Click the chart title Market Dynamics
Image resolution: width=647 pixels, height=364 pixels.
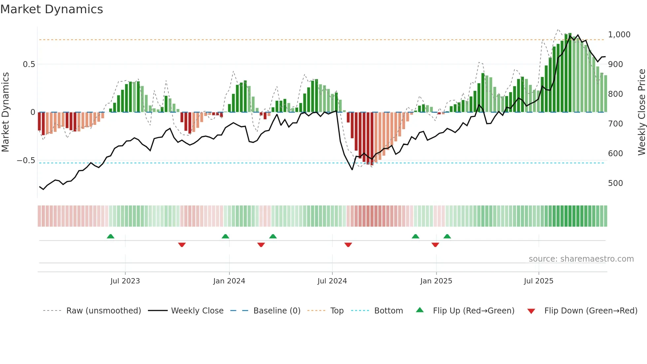click(51, 9)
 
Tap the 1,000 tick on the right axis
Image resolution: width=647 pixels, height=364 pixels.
click(619, 35)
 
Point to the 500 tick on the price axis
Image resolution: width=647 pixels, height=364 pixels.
click(615, 183)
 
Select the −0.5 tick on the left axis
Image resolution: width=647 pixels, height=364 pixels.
click(26, 161)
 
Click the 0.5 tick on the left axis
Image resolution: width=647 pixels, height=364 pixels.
click(29, 64)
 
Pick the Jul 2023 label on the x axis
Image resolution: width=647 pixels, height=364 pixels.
click(125, 281)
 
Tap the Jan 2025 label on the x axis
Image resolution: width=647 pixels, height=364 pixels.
click(436, 281)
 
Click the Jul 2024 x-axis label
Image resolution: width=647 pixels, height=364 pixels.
click(332, 281)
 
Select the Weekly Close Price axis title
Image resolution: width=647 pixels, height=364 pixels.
click(641, 112)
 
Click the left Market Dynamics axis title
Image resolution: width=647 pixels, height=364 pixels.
click(5, 112)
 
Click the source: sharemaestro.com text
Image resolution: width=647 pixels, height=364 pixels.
click(581, 259)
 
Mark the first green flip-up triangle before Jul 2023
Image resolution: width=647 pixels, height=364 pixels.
click(111, 237)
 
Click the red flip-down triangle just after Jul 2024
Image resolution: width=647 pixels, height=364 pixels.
click(348, 245)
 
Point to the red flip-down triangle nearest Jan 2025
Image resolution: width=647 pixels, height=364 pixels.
click(435, 245)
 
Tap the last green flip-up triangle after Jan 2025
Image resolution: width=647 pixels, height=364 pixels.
click(447, 237)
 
